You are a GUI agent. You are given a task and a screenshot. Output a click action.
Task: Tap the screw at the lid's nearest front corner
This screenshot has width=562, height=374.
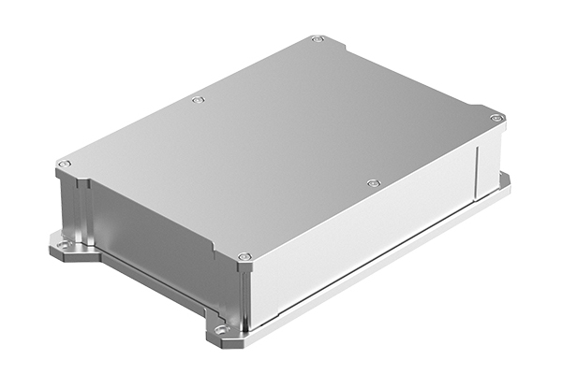(x=244, y=256)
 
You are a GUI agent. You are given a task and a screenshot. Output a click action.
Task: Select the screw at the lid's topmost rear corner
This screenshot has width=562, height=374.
(x=317, y=39)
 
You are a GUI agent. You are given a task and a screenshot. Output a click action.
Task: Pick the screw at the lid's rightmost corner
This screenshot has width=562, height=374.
(x=495, y=118)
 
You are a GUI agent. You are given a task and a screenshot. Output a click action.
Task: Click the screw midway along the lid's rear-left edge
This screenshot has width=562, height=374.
(x=197, y=99)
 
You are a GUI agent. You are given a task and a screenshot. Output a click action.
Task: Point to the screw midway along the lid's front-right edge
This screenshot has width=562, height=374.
(x=373, y=183)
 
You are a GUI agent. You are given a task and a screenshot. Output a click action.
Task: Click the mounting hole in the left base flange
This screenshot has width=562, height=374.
(x=64, y=246)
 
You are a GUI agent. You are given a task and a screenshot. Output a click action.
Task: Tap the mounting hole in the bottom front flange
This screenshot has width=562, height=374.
(x=221, y=330)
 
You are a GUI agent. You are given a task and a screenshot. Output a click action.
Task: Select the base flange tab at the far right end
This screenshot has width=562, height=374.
(x=503, y=182)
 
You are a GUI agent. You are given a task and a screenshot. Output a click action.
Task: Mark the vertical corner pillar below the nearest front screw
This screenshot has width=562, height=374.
(x=245, y=295)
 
